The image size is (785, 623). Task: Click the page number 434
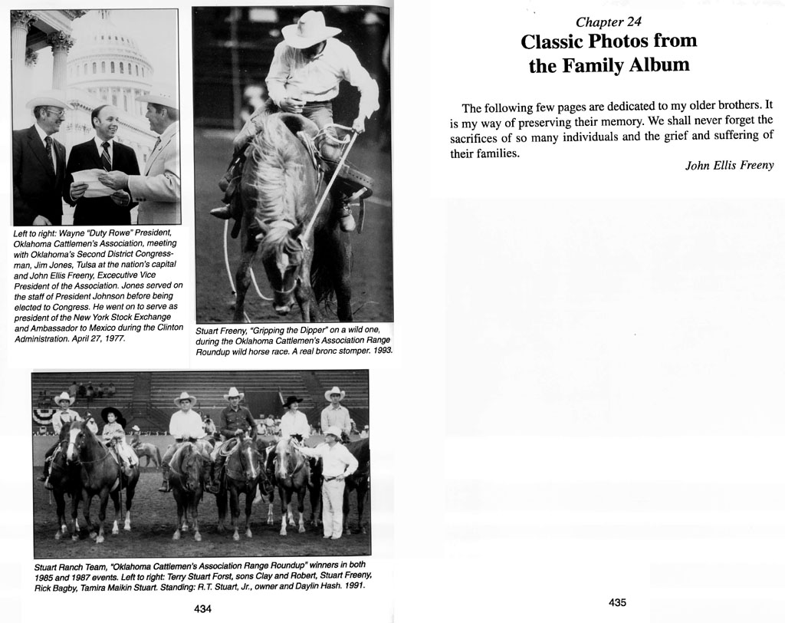pos(202,608)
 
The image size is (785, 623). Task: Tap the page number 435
pos(617,603)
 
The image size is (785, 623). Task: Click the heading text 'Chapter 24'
pos(608,21)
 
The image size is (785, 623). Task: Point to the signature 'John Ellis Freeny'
pos(729,166)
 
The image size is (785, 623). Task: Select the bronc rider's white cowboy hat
pos(310,30)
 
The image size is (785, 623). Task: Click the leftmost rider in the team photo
pos(64,422)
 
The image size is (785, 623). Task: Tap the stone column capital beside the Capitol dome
pos(60,41)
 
